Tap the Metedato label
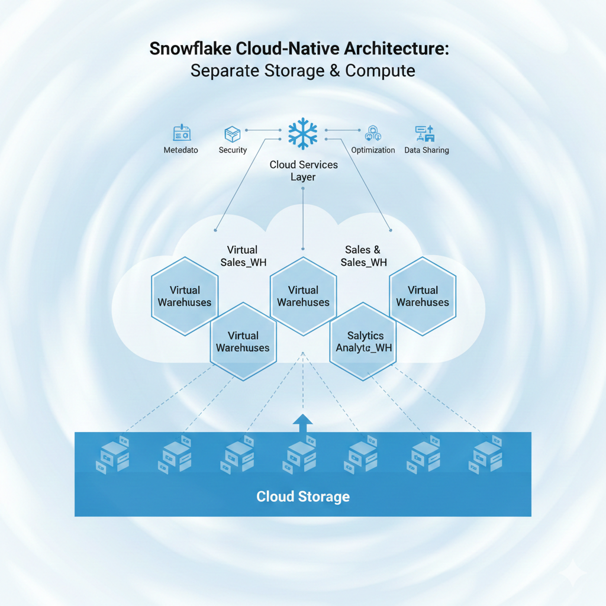coord(180,150)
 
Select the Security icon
coord(232,133)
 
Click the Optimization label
coord(373,150)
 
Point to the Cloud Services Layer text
coord(304,170)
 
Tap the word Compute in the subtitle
coord(380,71)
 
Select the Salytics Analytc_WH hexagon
coord(364,341)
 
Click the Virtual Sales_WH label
coord(243,256)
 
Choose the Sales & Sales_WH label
coord(363,256)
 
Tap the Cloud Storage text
coord(303,496)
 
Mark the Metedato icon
coord(180,133)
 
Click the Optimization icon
coord(373,133)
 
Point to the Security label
coord(233,150)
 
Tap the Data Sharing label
coord(426,150)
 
